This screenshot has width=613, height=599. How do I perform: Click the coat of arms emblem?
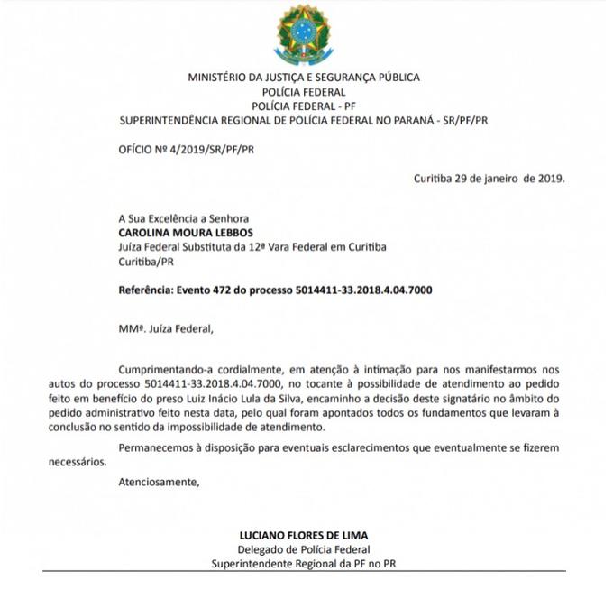point(305,33)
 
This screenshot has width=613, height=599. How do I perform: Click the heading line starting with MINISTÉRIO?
point(304,78)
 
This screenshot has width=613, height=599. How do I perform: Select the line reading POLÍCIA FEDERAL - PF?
point(304,106)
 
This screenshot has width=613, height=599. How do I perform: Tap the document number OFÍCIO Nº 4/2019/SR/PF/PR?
point(186,148)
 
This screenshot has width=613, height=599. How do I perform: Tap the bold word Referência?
point(150,290)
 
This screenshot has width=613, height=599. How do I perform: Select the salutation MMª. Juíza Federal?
point(167,328)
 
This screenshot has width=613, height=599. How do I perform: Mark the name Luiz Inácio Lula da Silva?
point(307,397)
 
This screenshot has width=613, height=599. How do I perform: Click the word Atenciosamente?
point(157,482)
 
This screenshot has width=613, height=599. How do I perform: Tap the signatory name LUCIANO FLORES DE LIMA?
point(304,534)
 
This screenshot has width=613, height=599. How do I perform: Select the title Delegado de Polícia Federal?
point(304,548)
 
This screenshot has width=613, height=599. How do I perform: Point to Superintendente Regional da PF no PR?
point(304,563)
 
